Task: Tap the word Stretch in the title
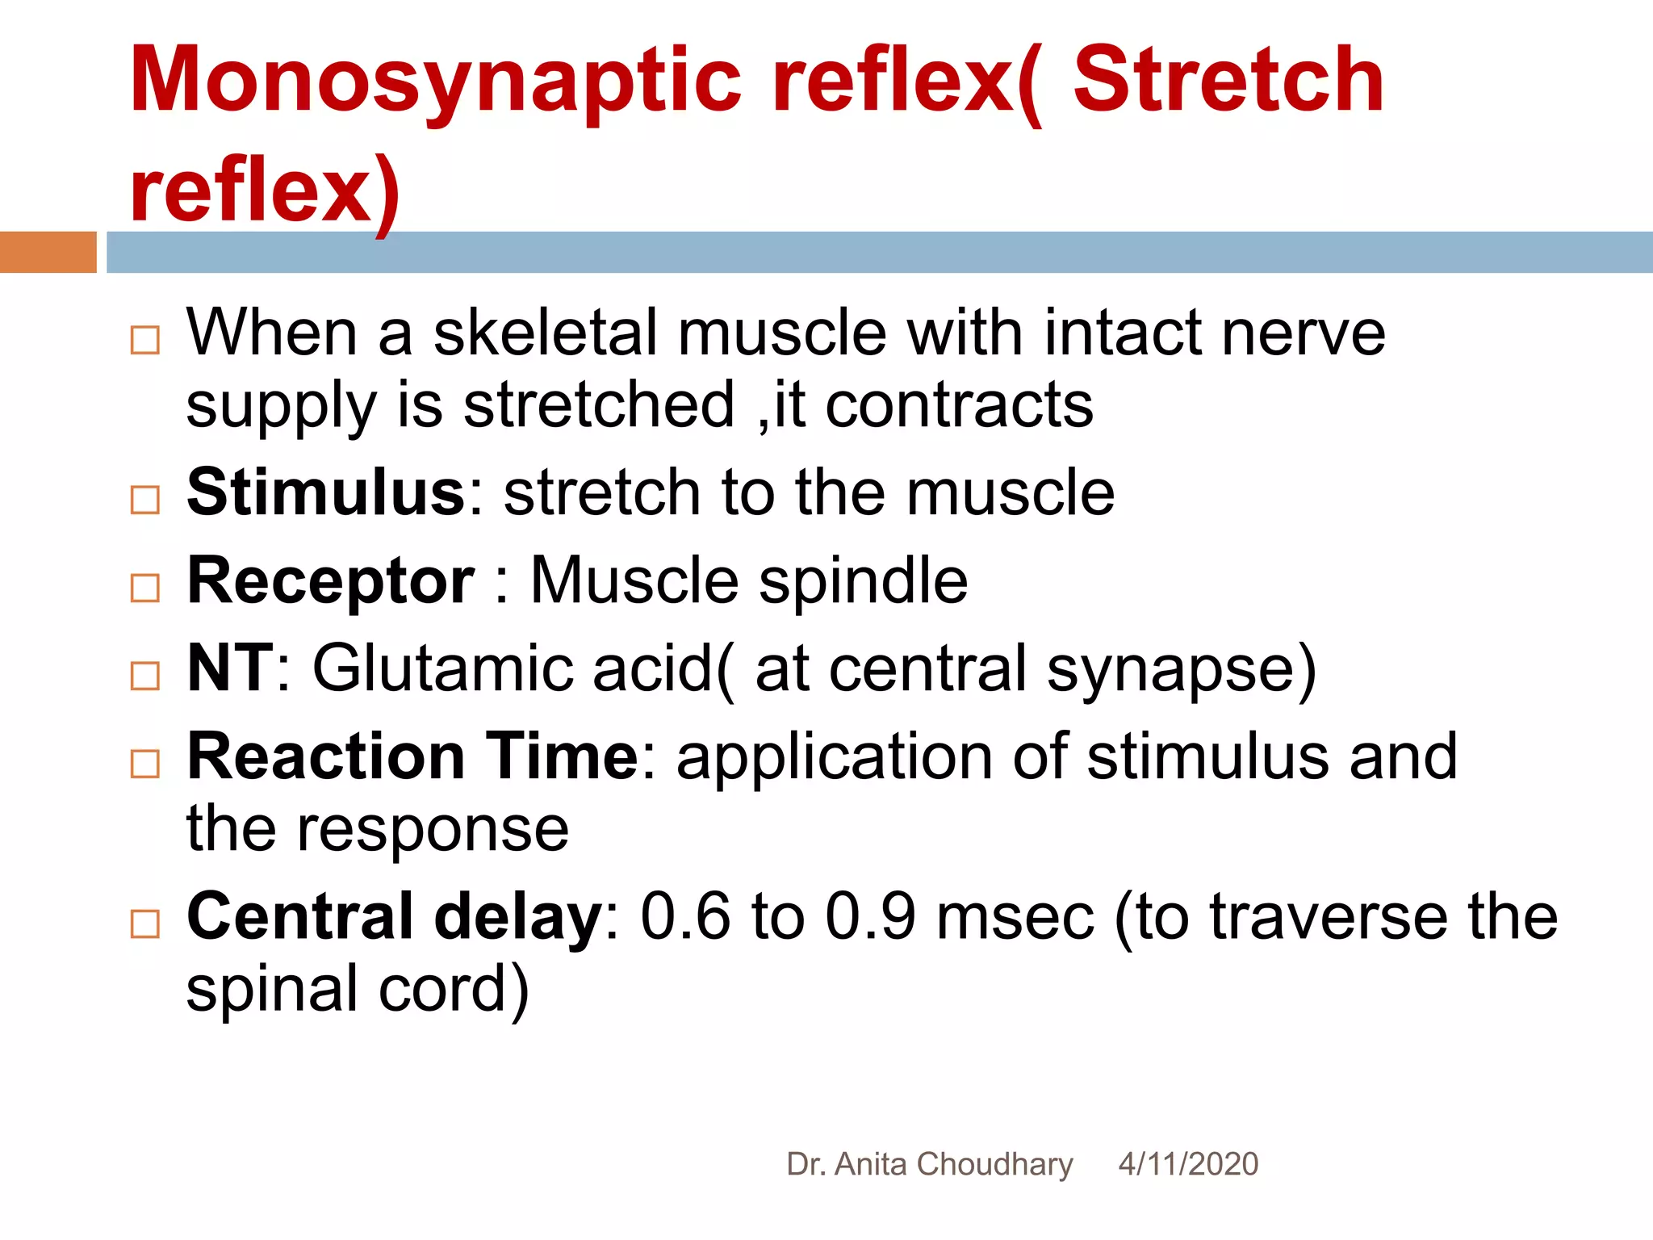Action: [1228, 81]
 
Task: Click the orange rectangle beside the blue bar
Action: [48, 252]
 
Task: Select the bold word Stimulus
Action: [326, 492]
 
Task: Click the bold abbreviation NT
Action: [230, 668]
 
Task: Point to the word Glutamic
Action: [442, 668]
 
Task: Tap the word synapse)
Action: [1181, 670]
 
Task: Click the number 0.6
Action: [685, 917]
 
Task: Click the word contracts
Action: [959, 404]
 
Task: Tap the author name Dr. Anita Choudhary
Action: [929, 1164]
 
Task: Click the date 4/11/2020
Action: [1188, 1164]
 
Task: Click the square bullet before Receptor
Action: [145, 589]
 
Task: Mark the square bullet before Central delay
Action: [145, 924]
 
